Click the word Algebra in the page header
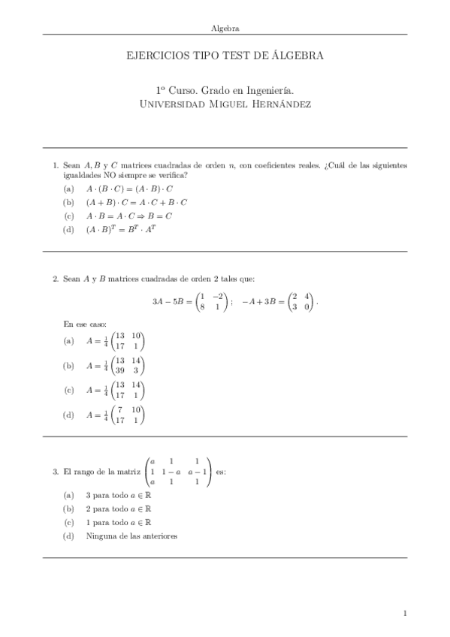[225, 28]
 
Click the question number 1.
[55, 165]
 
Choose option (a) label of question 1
[69, 189]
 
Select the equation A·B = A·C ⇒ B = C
[129, 216]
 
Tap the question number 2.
[55, 279]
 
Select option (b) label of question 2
[69, 366]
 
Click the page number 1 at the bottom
[405, 614]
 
